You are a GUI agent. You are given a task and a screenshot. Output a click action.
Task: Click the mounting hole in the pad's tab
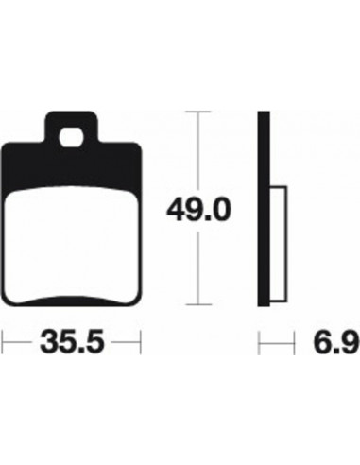pos(72,135)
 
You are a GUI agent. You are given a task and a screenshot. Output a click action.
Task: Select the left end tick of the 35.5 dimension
pos(4,339)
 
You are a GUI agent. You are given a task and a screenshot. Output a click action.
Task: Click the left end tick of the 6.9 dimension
pos(261,339)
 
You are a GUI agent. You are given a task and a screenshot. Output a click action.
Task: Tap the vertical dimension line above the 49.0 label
pos(196,151)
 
